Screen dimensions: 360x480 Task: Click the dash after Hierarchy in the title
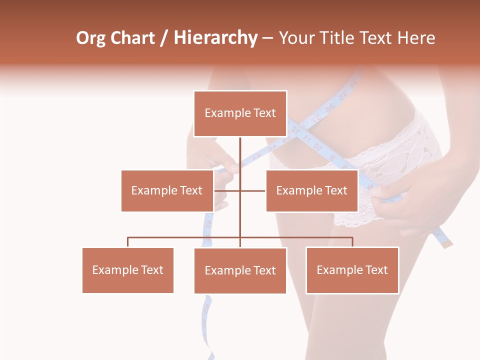pyautogui.click(x=267, y=39)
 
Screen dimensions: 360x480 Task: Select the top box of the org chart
pyautogui.click(x=240, y=113)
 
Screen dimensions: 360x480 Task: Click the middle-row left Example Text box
pyautogui.click(x=167, y=190)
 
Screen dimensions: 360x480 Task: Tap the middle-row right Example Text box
pyautogui.click(x=311, y=190)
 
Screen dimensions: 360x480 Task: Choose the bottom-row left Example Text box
pyautogui.click(x=127, y=270)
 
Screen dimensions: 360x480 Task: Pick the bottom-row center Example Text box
pyautogui.click(x=240, y=270)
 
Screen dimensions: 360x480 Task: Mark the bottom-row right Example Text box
pyautogui.click(x=352, y=270)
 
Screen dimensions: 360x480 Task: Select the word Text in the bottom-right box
pyautogui.click(x=376, y=270)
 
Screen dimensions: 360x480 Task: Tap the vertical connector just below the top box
pyautogui.click(x=240, y=150)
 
